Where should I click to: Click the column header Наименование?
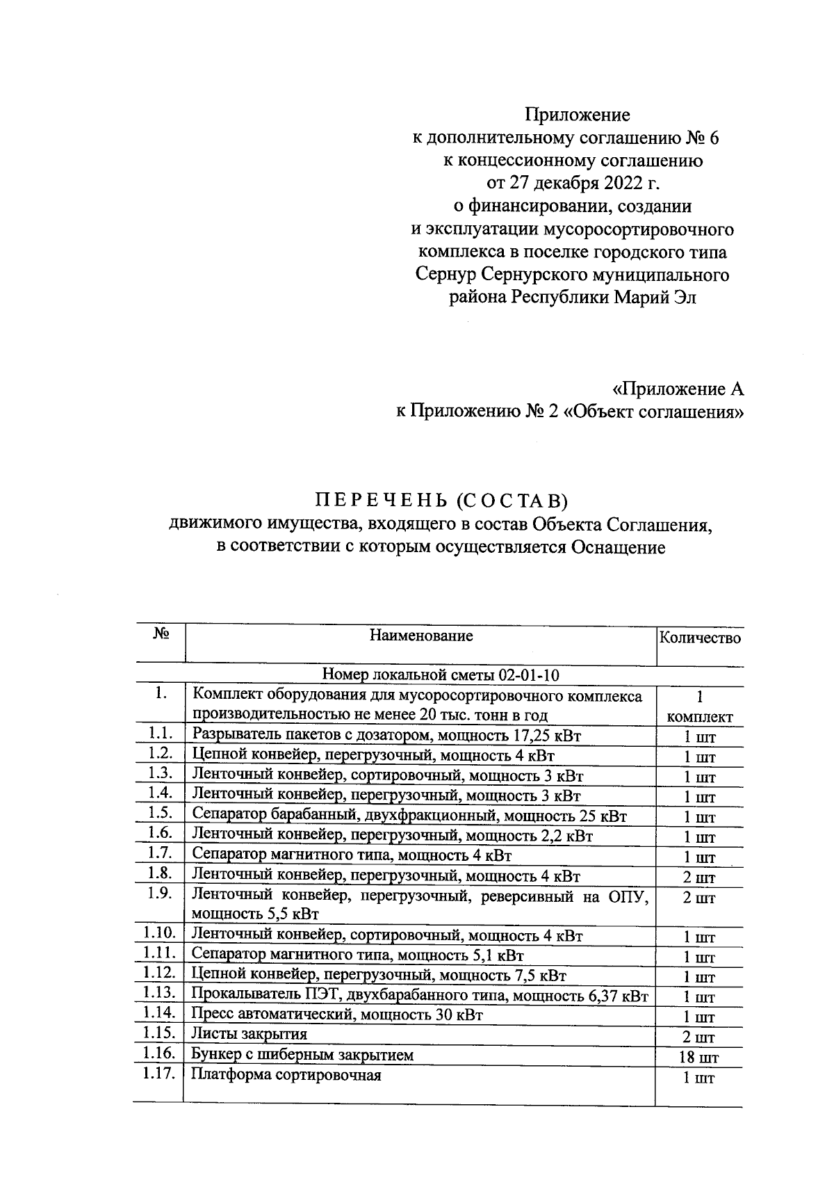coord(421,636)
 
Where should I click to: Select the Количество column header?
coord(699,638)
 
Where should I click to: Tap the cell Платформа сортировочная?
coord(286,1075)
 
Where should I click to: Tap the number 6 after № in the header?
coord(714,138)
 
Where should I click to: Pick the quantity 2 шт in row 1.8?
coord(699,878)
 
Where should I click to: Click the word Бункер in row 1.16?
coord(218,1055)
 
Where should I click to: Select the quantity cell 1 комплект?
coord(699,706)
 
